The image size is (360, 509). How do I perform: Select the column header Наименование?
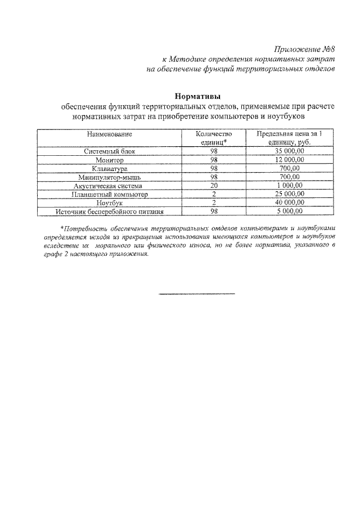click(110, 134)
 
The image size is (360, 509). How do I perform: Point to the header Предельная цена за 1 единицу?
click(290, 138)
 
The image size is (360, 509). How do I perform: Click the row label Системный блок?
click(110, 152)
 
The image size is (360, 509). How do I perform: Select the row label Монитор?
click(110, 160)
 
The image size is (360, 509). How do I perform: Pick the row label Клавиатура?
click(110, 169)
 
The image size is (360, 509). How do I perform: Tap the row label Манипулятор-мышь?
click(110, 177)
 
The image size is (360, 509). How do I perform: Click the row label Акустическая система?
click(110, 186)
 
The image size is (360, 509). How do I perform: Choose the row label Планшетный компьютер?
click(110, 194)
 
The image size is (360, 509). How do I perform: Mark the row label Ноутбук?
click(110, 202)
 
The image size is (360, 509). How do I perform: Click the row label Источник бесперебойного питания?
click(110, 211)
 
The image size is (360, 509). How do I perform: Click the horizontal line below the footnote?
click(196, 294)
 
